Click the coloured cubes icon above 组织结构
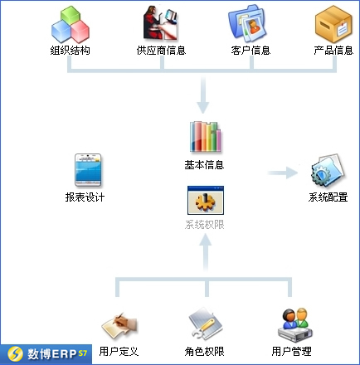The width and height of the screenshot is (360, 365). point(71,24)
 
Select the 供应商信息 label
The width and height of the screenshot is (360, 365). point(161,51)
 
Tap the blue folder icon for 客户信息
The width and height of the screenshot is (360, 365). point(247,23)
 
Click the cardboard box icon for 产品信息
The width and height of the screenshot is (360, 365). point(333,24)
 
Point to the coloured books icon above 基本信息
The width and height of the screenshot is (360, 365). point(205,137)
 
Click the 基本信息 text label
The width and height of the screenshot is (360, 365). point(204,165)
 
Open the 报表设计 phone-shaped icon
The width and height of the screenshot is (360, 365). point(88,170)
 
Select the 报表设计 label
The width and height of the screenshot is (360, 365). point(85,197)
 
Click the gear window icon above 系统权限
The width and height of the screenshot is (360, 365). point(206,200)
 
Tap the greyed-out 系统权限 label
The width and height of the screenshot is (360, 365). point(204,225)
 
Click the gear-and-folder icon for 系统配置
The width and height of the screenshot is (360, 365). point(328,171)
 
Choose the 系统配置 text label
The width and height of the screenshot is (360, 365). point(328,197)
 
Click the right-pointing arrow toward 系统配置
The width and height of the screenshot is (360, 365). point(283,173)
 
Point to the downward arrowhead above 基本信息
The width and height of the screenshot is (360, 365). point(203,108)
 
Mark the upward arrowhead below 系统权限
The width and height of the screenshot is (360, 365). point(206,240)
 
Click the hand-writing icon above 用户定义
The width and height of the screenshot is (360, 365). point(119,325)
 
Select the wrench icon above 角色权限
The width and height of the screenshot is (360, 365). point(206,324)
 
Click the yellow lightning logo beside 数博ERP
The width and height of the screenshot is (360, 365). point(15,354)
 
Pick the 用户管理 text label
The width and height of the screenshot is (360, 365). point(291,351)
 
